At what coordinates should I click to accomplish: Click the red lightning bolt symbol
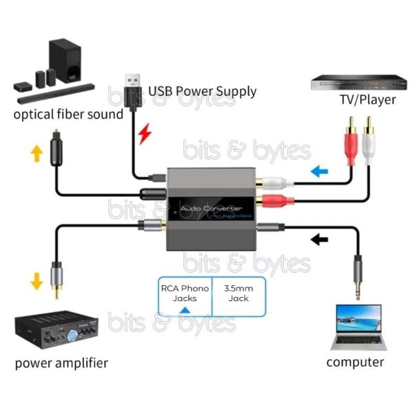pyautogui.click(x=143, y=132)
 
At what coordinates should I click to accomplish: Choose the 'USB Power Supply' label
pyautogui.click(x=203, y=91)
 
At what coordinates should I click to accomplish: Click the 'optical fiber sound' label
pyautogui.click(x=68, y=114)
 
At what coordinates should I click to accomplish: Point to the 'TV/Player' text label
pyautogui.click(x=367, y=100)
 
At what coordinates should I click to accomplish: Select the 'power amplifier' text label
pyautogui.click(x=61, y=362)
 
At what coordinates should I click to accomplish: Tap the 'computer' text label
pyautogui.click(x=355, y=362)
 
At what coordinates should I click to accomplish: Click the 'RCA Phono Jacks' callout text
pyautogui.click(x=184, y=293)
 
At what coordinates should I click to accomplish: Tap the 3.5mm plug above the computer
pyautogui.click(x=357, y=276)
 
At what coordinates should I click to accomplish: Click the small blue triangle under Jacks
pyautogui.click(x=184, y=311)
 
